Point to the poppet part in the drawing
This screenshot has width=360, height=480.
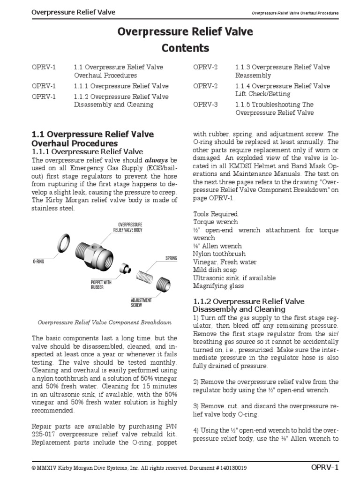coord(125,269)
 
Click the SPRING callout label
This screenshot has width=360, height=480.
coord(171,258)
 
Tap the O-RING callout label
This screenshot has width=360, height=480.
coord(38,261)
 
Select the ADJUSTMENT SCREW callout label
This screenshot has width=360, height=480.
coord(141,302)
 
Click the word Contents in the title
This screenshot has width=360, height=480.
coord(185,48)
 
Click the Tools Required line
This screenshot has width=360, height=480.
coord(216,214)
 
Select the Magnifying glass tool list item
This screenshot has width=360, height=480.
coord(218,286)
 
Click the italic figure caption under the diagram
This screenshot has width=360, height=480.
coord(104,322)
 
